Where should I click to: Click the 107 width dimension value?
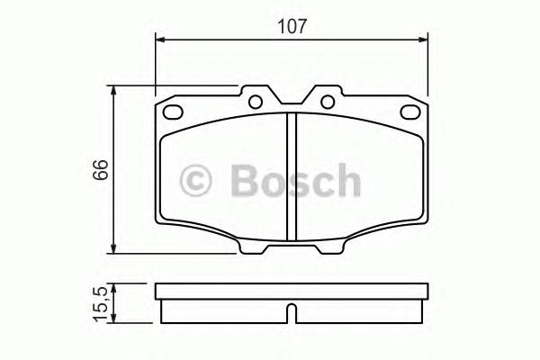pos(292,26)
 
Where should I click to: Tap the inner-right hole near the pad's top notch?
pos(328,101)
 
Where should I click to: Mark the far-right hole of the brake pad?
pos(414,113)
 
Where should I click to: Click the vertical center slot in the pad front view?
pos(292,175)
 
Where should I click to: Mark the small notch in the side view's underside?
pos(292,314)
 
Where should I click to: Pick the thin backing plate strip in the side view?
pos(292,292)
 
